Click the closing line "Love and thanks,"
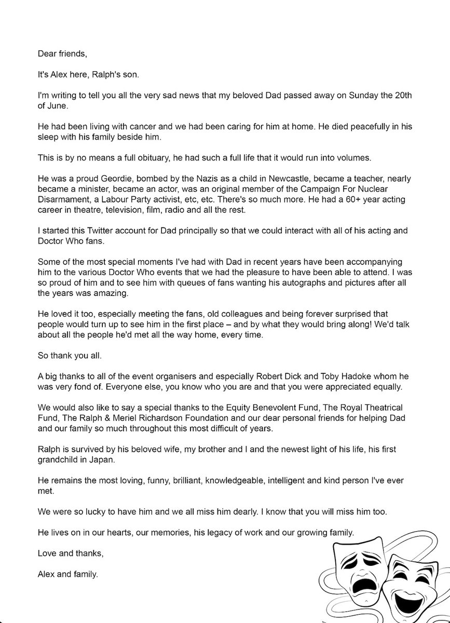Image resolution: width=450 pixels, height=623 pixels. [x=71, y=553]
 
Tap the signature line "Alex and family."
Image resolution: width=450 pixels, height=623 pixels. [x=67, y=576]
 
